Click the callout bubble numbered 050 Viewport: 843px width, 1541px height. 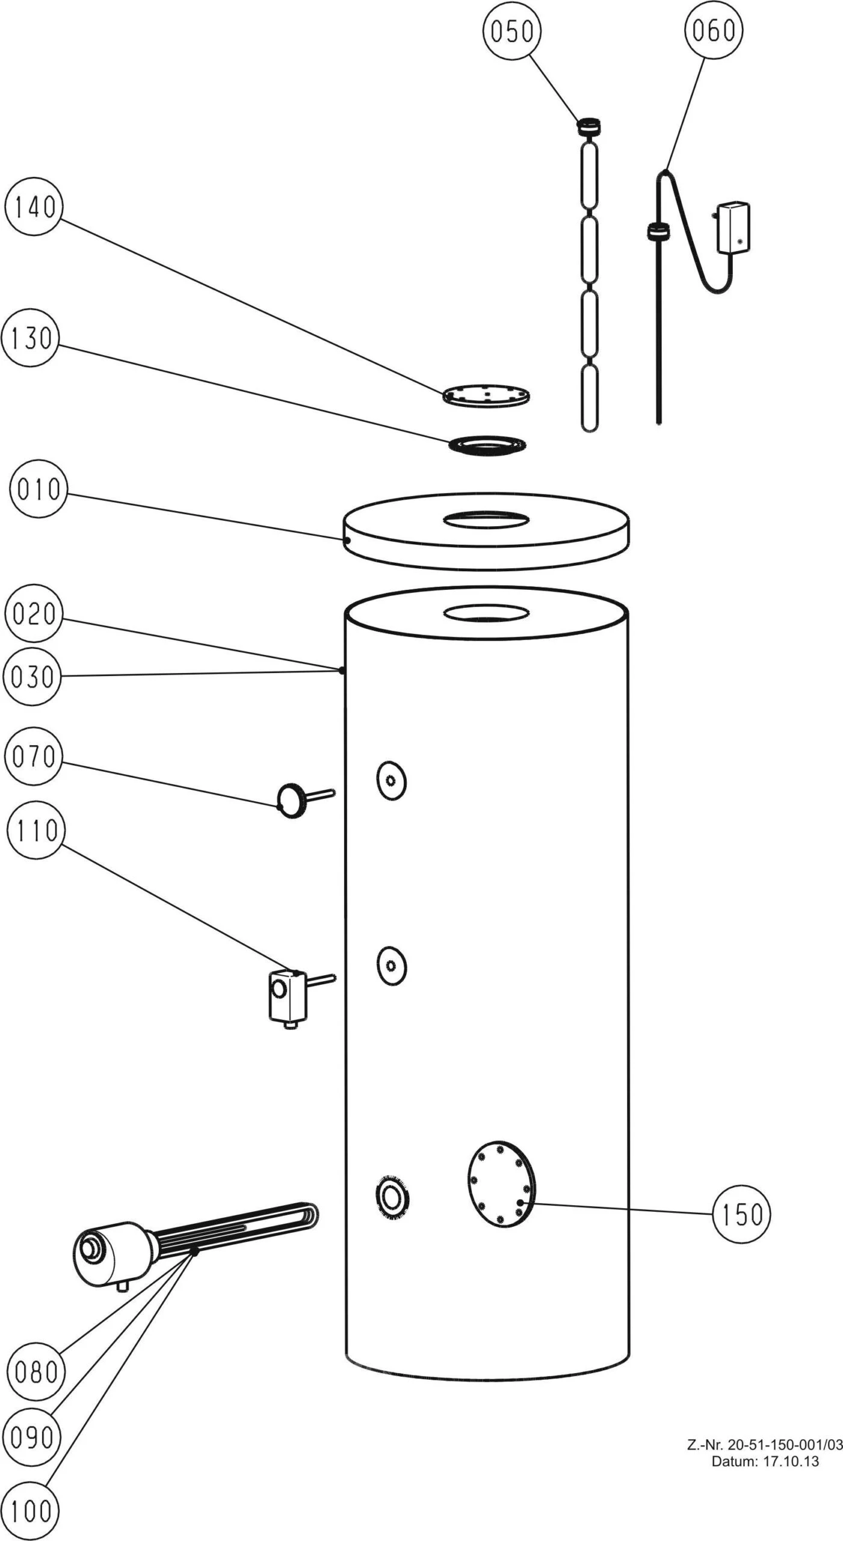tap(512, 30)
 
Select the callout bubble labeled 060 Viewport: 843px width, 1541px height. tap(713, 30)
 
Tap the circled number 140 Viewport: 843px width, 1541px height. tap(34, 208)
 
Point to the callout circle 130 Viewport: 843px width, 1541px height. tap(31, 338)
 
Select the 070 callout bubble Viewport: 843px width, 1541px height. tap(33, 756)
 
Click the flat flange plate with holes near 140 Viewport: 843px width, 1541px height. tap(486, 395)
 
